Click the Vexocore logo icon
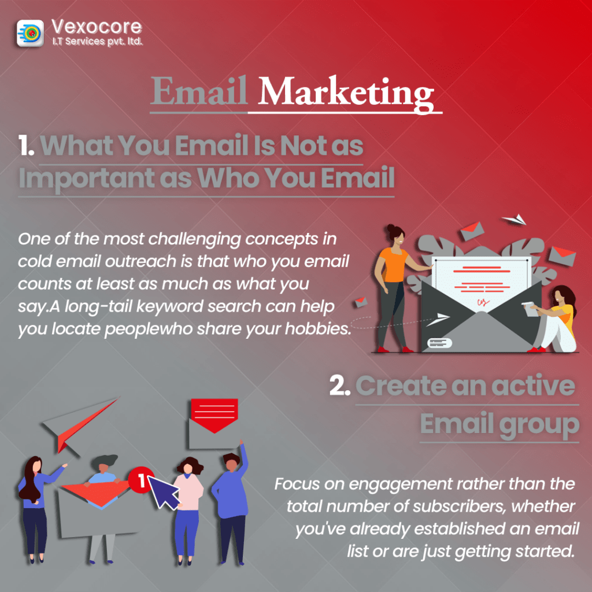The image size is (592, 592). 30,33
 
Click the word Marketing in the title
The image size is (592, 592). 346,92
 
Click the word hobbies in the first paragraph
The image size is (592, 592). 318,328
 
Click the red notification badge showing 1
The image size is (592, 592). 140,480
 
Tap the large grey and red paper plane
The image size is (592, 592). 80,424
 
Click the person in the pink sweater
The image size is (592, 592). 188,510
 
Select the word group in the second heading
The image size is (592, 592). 539,425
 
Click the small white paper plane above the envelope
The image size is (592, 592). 514,219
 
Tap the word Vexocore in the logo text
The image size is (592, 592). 97,27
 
